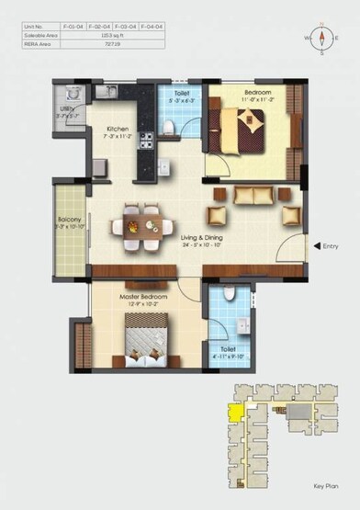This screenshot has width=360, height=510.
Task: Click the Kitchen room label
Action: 117,129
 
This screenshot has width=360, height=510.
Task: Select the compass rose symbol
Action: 322,39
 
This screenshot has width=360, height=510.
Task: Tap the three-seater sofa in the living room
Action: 249,195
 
